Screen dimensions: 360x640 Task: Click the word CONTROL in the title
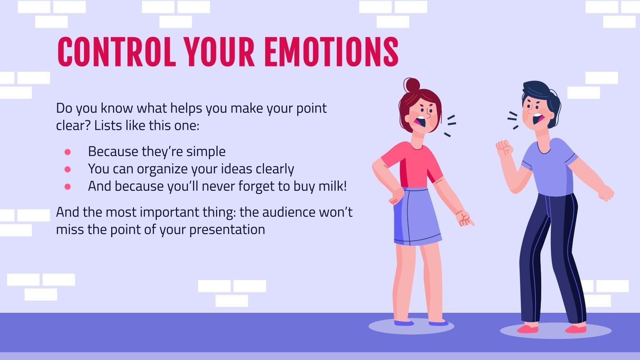[x=116, y=52]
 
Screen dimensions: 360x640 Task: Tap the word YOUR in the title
[x=219, y=52]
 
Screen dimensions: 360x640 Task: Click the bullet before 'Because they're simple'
[x=68, y=152]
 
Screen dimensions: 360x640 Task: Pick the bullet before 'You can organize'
[x=68, y=169]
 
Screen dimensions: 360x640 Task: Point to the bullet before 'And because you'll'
[x=68, y=186]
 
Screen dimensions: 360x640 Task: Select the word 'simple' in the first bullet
[x=206, y=152]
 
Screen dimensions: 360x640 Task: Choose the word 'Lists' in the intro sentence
[x=108, y=126]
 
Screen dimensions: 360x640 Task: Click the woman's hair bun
[x=412, y=85]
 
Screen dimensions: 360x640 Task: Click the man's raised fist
[x=504, y=148]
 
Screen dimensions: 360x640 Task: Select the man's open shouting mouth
[x=538, y=118]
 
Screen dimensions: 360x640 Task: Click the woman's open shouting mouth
[x=420, y=121]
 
